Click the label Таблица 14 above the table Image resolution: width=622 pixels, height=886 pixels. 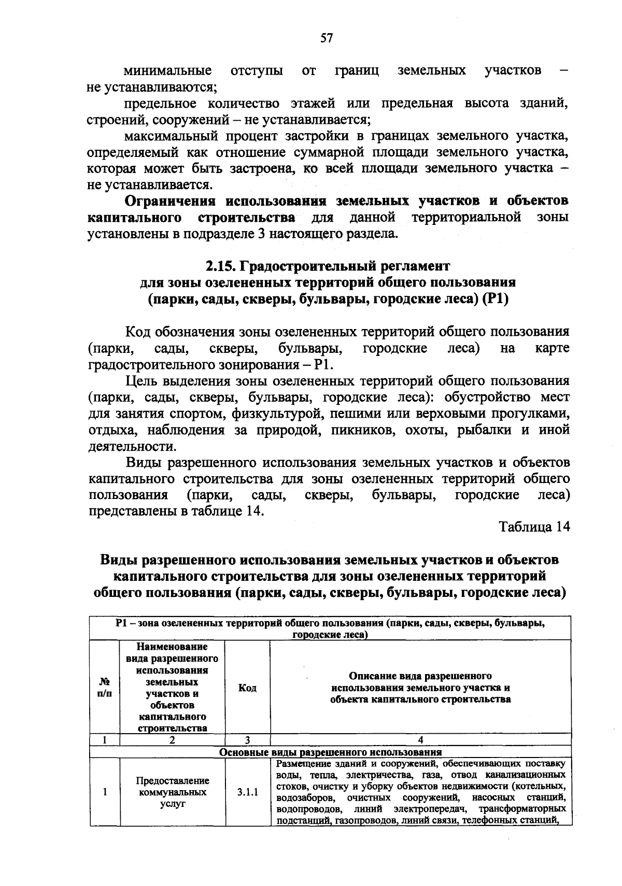pos(534,527)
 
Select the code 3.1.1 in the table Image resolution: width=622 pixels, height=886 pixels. pos(247,792)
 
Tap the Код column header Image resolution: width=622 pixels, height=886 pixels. pos(247,688)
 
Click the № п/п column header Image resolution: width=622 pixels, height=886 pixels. pos(105,688)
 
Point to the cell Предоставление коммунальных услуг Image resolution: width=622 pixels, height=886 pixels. pos(173,792)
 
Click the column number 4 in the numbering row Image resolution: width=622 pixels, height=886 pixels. pos(420,740)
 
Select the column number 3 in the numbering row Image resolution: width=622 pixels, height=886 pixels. pos(247,740)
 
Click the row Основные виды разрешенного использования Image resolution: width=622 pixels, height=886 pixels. pos(330,752)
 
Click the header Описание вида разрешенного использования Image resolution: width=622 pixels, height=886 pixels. pos(420,688)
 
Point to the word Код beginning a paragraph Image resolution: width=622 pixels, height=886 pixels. pos(138,332)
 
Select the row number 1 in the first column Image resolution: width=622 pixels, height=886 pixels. pos(105,792)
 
